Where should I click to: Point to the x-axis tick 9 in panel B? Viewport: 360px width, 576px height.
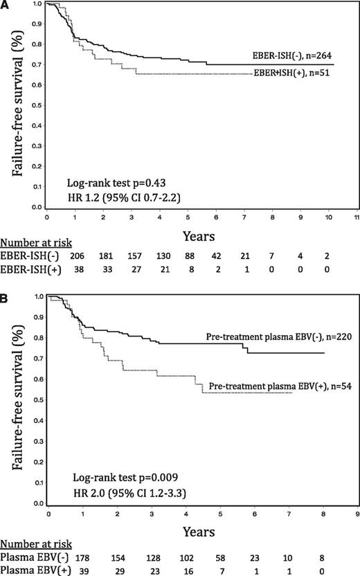point(356,515)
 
